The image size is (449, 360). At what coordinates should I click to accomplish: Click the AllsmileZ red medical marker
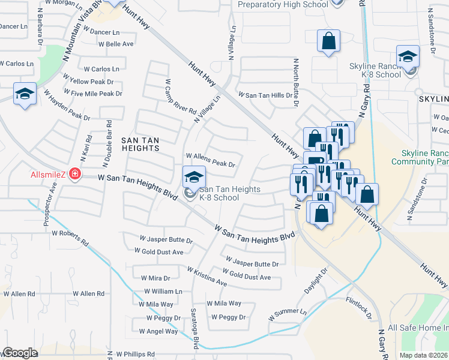[74, 175]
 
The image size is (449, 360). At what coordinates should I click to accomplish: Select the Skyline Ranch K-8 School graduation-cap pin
[408, 57]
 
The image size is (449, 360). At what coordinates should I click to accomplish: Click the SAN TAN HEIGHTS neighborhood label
[140, 144]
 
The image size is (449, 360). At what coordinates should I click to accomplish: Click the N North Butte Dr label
[296, 83]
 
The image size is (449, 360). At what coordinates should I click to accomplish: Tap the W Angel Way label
[158, 331]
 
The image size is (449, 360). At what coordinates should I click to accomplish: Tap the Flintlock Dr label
[359, 307]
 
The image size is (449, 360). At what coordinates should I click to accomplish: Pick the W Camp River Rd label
[181, 97]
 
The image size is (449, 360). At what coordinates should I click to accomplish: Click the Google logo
[20, 353]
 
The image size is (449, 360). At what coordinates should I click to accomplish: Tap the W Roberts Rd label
[70, 238]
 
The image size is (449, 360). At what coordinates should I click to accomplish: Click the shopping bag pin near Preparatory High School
[328, 41]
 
